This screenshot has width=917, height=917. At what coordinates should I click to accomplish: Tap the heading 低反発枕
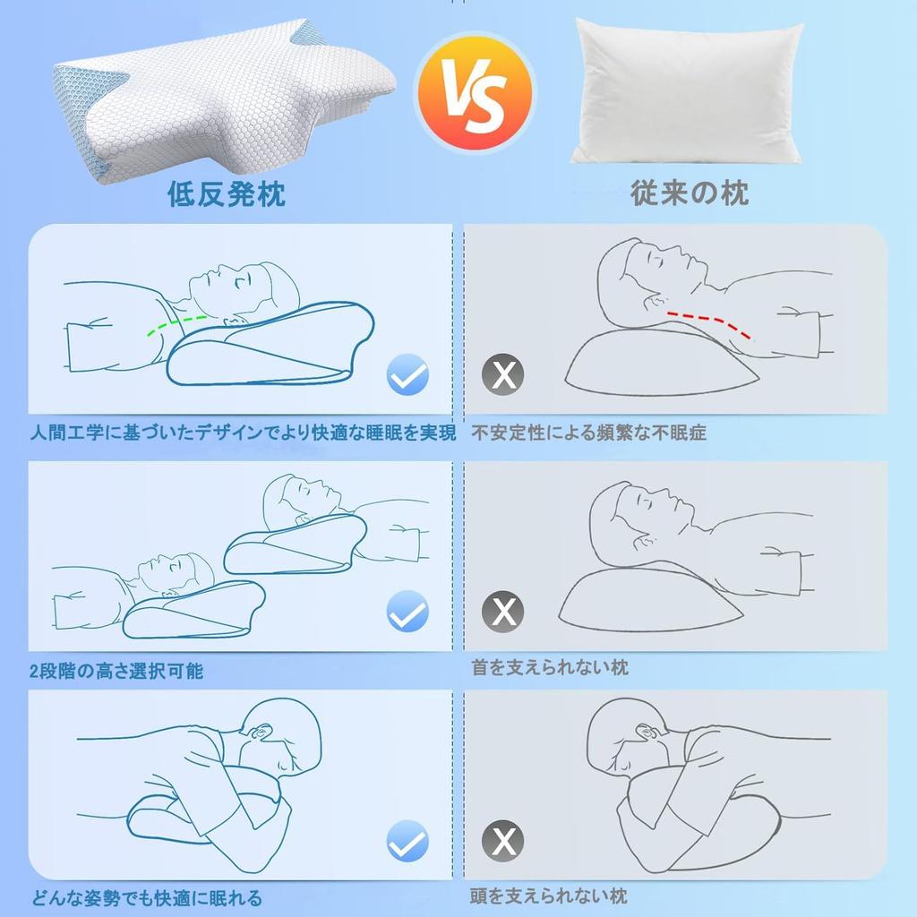[x=227, y=193]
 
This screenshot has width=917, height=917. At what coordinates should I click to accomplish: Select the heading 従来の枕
[x=690, y=193]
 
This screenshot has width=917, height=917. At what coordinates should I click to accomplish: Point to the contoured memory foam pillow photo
[x=224, y=107]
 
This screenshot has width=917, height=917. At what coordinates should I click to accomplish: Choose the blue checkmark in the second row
[x=407, y=613]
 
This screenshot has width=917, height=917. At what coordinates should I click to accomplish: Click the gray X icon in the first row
[x=504, y=375]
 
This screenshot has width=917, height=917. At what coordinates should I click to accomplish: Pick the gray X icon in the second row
[x=504, y=613]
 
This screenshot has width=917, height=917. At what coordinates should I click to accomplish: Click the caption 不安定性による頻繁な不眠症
[x=589, y=433]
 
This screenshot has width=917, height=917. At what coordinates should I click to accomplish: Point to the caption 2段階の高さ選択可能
[x=116, y=671]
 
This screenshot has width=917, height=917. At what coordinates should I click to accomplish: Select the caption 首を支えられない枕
[x=550, y=667]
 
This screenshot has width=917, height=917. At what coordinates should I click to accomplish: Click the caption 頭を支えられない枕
[x=549, y=896]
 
